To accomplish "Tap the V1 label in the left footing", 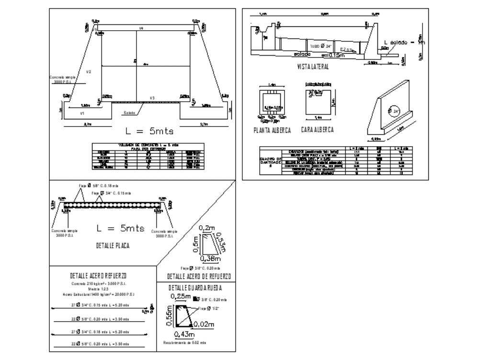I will [x=82, y=114].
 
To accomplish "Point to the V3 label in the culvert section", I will [x=152, y=98].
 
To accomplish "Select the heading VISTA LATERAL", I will [x=313, y=68].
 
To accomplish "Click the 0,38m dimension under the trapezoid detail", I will [x=210, y=259].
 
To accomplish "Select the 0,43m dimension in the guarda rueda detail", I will [x=184, y=334].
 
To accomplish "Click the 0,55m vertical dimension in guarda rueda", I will [x=170, y=317].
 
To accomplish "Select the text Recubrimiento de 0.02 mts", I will [x=184, y=342].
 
